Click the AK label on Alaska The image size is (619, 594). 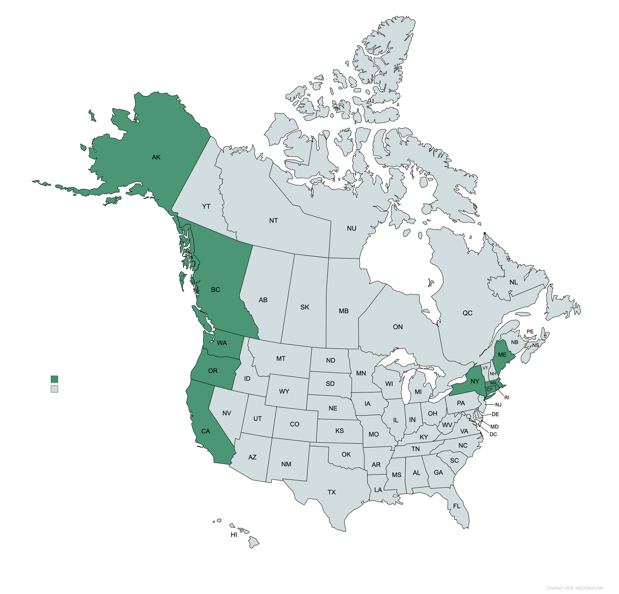[156, 157]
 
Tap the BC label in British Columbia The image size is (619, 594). [215, 290]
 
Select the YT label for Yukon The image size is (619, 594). [206, 206]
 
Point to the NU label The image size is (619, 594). [352, 228]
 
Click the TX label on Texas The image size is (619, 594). [332, 492]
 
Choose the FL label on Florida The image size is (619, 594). [457, 506]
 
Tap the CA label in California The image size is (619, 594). [206, 431]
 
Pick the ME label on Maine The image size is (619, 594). [502, 355]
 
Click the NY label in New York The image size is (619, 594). [475, 381]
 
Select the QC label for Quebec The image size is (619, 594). [468, 313]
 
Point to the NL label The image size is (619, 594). [513, 282]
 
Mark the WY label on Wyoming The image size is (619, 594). [284, 391]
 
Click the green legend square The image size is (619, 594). [54, 379]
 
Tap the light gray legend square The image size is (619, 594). [54, 389]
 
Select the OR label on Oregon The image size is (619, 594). [213, 371]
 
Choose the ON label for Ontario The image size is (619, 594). [398, 327]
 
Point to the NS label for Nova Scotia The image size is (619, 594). [536, 345]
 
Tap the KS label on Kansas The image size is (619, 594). [339, 431]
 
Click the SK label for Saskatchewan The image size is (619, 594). [305, 307]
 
